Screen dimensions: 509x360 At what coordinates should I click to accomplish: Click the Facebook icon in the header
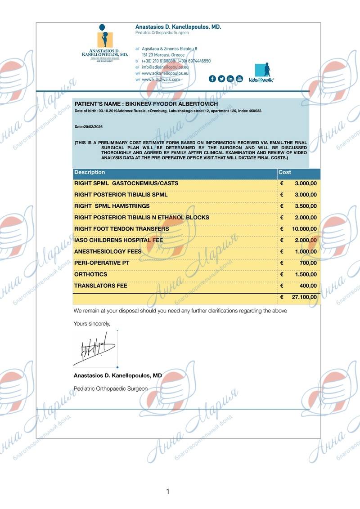pos(212,79)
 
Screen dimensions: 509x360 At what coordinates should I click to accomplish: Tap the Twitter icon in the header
pos(221,79)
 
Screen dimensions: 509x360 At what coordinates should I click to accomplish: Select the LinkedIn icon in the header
pos(230,79)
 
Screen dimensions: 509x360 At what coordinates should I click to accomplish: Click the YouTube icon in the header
pos(239,79)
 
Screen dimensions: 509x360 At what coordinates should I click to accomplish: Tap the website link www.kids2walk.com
pos(161,79)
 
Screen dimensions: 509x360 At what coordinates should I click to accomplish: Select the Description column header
pos(90,172)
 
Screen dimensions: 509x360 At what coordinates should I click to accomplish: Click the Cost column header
pos(285,172)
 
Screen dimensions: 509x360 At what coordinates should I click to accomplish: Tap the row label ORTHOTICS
pos(90,274)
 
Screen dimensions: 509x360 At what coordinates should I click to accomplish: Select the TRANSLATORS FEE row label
pos(100,286)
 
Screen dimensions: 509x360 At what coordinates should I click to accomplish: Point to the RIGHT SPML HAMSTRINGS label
pos(112,206)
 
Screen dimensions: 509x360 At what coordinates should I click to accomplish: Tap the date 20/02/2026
pos(89,127)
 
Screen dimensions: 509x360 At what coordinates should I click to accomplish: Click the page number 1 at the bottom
pos(168,491)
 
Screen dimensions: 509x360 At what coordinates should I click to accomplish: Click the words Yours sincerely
pos(92,323)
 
